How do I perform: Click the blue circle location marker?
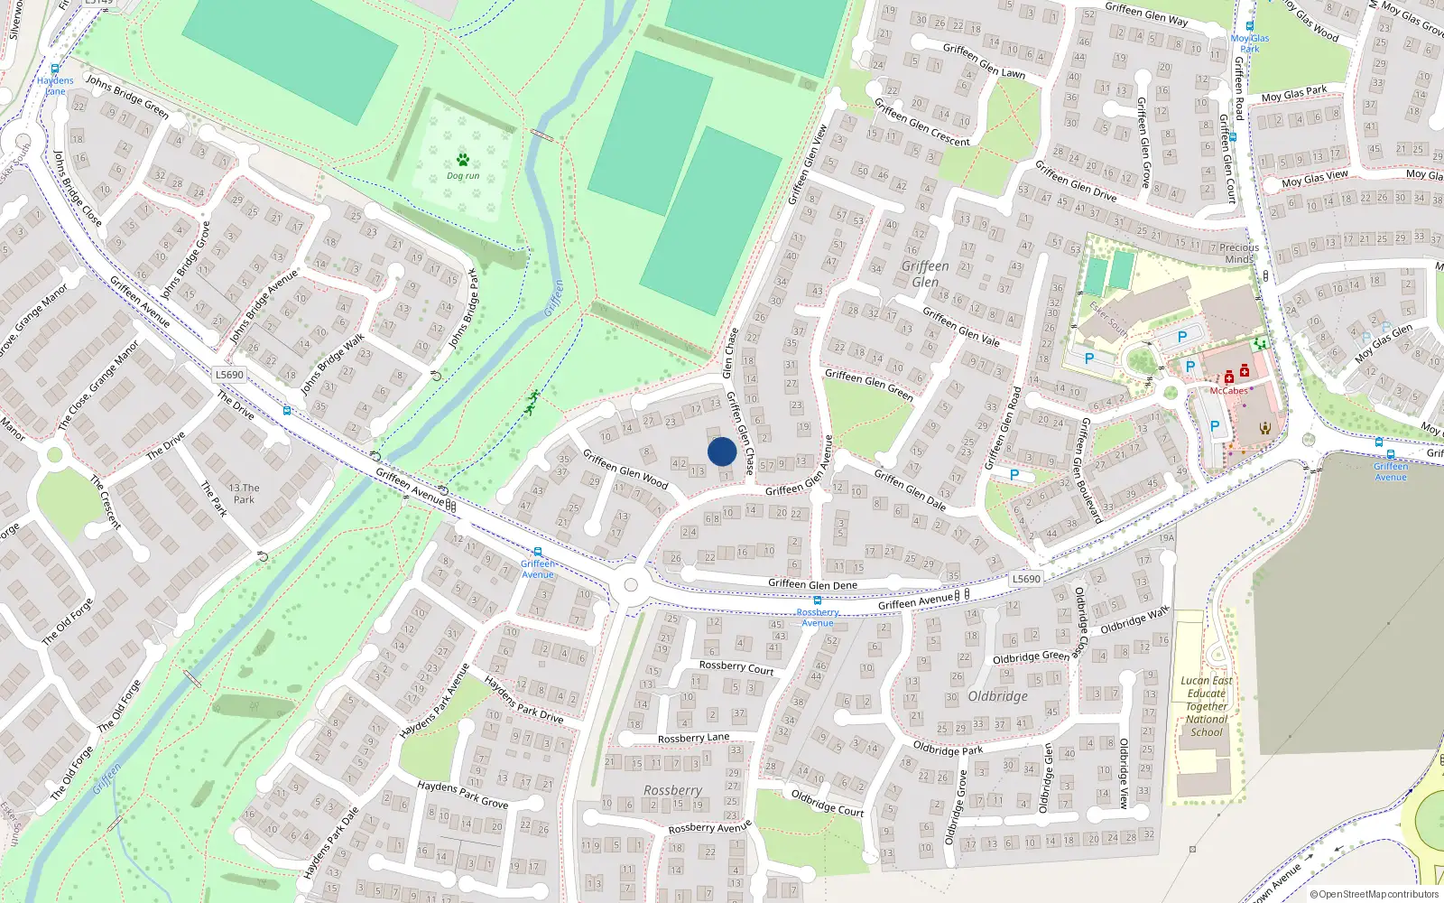(722, 451)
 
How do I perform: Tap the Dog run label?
(463, 176)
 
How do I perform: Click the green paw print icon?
(463, 160)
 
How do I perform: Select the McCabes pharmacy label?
(1228, 391)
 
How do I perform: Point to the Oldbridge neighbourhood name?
(997, 696)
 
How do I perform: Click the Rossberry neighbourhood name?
(672, 790)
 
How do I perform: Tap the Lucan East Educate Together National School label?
(1207, 706)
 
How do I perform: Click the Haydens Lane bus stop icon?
(55, 69)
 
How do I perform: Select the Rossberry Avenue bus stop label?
(818, 618)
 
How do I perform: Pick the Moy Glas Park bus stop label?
(1249, 43)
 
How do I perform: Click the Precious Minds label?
(1239, 253)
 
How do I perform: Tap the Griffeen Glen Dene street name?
(812, 584)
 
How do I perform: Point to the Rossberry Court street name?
(736, 667)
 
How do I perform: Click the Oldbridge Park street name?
(948, 749)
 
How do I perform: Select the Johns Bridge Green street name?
(127, 97)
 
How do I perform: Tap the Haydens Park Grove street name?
(462, 795)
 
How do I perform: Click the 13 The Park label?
(244, 493)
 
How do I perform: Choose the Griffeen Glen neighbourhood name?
(925, 274)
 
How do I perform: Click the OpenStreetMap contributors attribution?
(1375, 894)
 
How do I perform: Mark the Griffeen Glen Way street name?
(1146, 14)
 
